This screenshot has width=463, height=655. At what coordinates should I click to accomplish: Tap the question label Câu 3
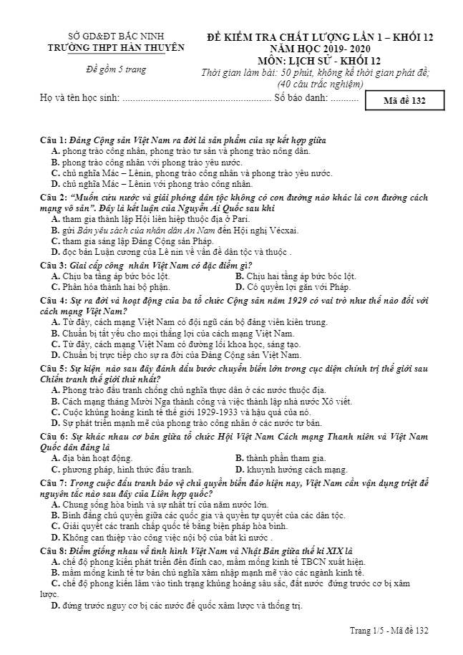53,265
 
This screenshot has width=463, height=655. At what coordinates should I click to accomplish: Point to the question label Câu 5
53,368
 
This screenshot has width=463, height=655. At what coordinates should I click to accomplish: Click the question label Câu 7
53,484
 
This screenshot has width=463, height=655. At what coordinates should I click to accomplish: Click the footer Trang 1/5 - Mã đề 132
389,629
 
